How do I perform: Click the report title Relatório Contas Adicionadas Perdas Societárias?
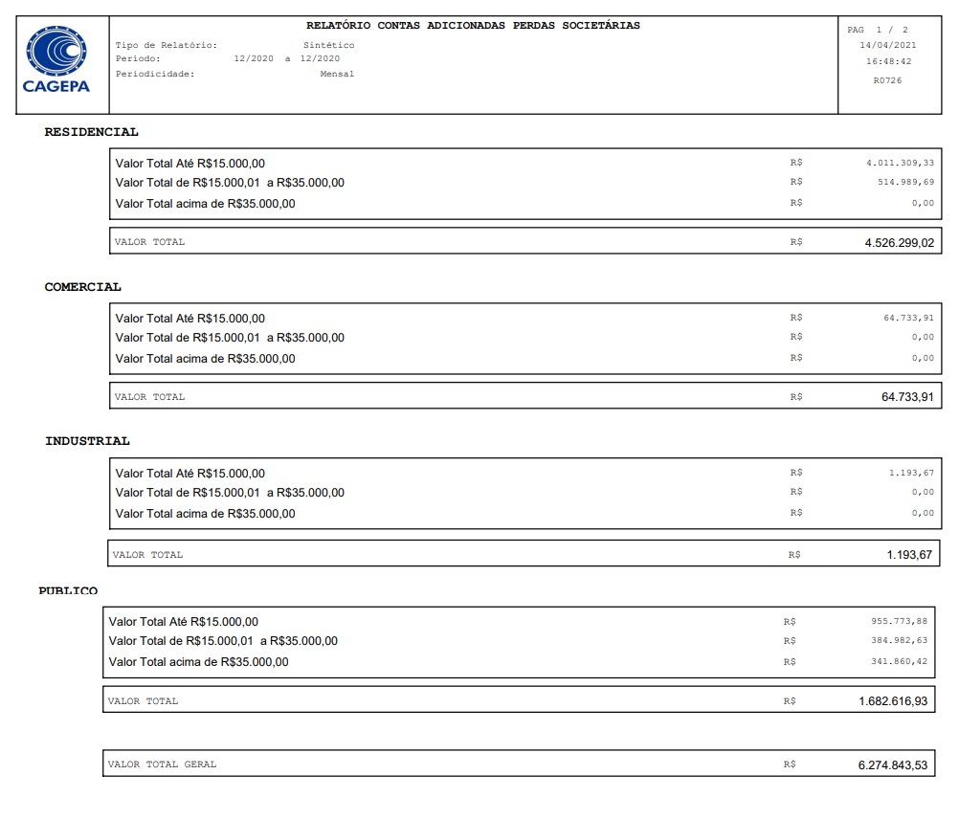tap(473, 26)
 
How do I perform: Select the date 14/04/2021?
tap(887, 45)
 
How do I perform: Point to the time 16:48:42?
tap(887, 62)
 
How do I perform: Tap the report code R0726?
tap(887, 80)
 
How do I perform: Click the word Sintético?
tap(328, 45)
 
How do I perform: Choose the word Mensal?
tap(337, 74)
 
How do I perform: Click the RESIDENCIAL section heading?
tap(91, 132)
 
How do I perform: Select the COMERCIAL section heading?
tap(83, 287)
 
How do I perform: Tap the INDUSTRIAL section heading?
tap(87, 441)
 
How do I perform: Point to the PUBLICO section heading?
tap(68, 591)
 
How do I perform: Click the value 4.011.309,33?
tap(900, 163)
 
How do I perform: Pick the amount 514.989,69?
tap(905, 182)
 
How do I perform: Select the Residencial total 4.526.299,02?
tap(899, 242)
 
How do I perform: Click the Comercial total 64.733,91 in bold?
tap(907, 396)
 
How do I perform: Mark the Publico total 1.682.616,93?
tap(893, 701)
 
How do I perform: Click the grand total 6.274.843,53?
tap(893, 764)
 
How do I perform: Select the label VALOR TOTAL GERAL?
tap(162, 764)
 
